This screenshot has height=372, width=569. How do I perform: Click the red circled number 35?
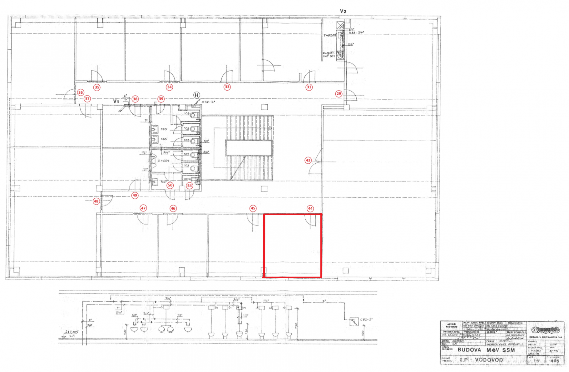tap(97, 87)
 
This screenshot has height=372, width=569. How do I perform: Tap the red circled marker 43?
tap(308, 160)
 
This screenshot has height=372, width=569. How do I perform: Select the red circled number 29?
tap(339, 94)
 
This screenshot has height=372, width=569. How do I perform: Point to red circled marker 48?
tap(96, 201)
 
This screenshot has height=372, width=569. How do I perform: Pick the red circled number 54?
tap(189, 186)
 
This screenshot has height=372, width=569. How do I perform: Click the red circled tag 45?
tap(253, 208)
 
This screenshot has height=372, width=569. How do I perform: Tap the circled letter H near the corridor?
tap(196, 95)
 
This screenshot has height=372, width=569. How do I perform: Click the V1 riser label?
tap(116, 102)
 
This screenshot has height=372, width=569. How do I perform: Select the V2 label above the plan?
tap(343, 11)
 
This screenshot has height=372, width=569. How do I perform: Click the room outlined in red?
tap(292, 246)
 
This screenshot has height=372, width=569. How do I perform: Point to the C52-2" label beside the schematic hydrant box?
tap(366, 320)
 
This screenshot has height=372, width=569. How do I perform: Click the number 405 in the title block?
tap(555, 361)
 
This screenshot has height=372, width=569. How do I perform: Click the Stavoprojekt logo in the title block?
tap(546, 330)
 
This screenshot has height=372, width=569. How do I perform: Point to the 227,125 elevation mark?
tap(72, 332)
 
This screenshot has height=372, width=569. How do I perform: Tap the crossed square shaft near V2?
tap(340, 25)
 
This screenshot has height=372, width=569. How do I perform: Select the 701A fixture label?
tap(187, 179)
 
